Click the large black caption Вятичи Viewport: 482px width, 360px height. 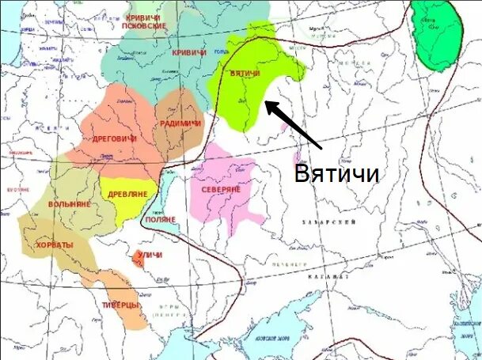click(x=336, y=172)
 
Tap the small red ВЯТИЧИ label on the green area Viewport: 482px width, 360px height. click(x=245, y=74)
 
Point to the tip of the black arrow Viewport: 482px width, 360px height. click(x=265, y=102)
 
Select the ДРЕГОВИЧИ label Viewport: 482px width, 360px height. click(x=114, y=138)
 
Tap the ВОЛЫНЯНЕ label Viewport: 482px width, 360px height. click(x=70, y=204)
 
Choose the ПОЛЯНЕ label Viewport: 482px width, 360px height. click(x=159, y=225)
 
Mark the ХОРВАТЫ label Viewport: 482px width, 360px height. click(x=55, y=244)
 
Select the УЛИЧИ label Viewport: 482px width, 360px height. click(x=150, y=255)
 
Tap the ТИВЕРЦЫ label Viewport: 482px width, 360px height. click(x=121, y=305)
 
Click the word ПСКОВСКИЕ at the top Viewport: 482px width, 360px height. click(x=144, y=25)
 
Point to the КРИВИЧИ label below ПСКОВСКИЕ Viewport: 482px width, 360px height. click(x=188, y=53)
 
